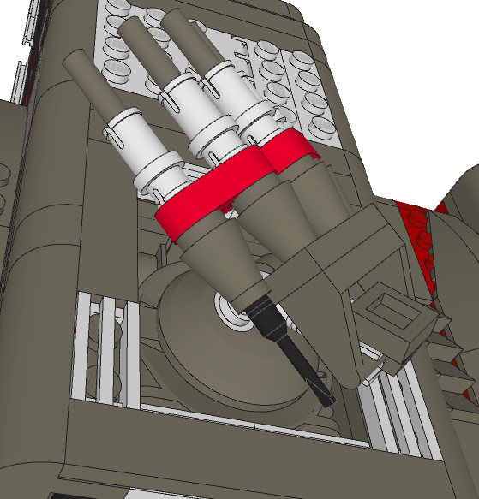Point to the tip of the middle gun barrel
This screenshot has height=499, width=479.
[x=132, y=30]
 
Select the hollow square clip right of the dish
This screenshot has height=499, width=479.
[x=394, y=325]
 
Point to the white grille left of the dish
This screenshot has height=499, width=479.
[x=103, y=342]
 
